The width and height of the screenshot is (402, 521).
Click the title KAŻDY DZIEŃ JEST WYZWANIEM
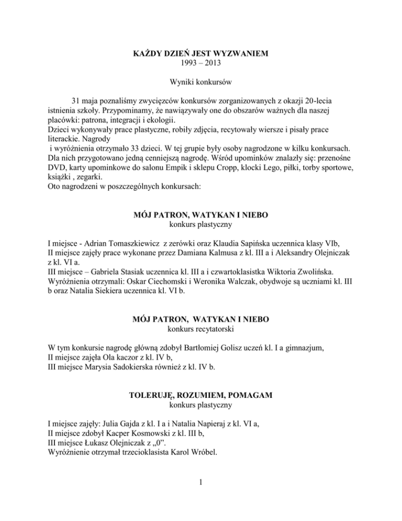click(x=201, y=52)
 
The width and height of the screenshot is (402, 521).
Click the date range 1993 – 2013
click(x=201, y=62)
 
